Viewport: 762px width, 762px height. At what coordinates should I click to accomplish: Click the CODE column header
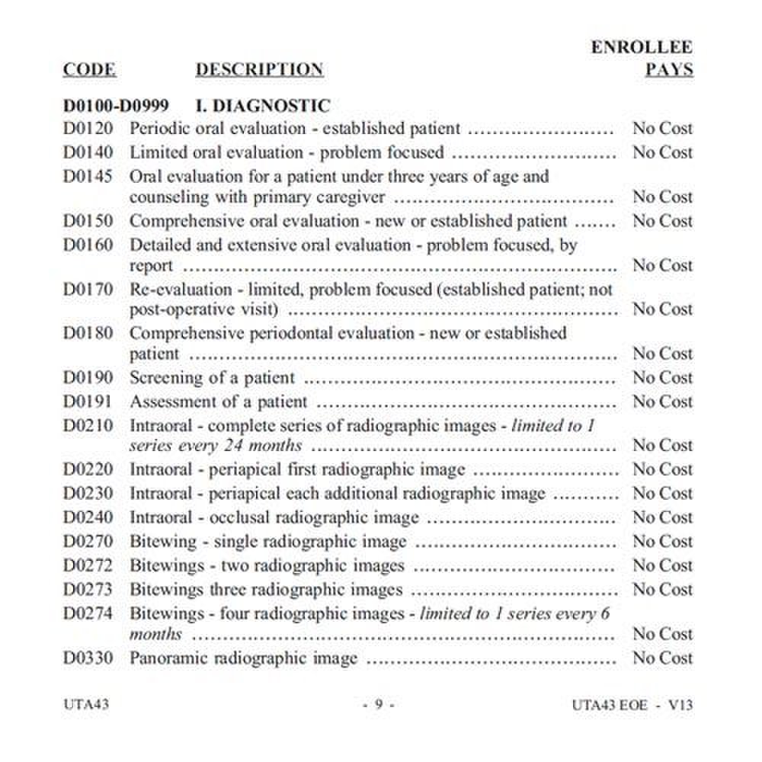point(89,69)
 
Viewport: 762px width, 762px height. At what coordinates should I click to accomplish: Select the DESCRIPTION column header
point(259,69)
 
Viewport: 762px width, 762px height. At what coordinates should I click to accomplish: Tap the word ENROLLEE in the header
point(642,47)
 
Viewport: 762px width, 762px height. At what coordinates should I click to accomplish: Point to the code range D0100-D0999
point(116,105)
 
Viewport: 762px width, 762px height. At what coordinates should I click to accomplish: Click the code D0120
point(88,128)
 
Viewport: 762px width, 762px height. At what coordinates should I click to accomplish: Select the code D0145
point(88,177)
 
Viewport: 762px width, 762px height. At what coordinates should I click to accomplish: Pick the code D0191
point(88,401)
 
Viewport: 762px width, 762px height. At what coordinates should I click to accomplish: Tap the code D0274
point(88,613)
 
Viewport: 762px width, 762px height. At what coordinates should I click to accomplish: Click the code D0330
point(88,658)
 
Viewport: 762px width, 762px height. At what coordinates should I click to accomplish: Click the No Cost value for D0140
point(662,152)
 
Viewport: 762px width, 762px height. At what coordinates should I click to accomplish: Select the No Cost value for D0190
point(662,377)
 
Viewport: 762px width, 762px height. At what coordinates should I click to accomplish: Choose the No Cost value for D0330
point(662,658)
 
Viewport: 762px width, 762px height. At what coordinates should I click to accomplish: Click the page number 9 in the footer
point(378,705)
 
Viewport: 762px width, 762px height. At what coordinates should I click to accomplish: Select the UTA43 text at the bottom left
point(85,704)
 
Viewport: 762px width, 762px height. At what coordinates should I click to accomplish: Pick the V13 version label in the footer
point(680,705)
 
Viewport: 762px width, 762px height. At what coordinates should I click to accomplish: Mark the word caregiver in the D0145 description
point(351,197)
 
